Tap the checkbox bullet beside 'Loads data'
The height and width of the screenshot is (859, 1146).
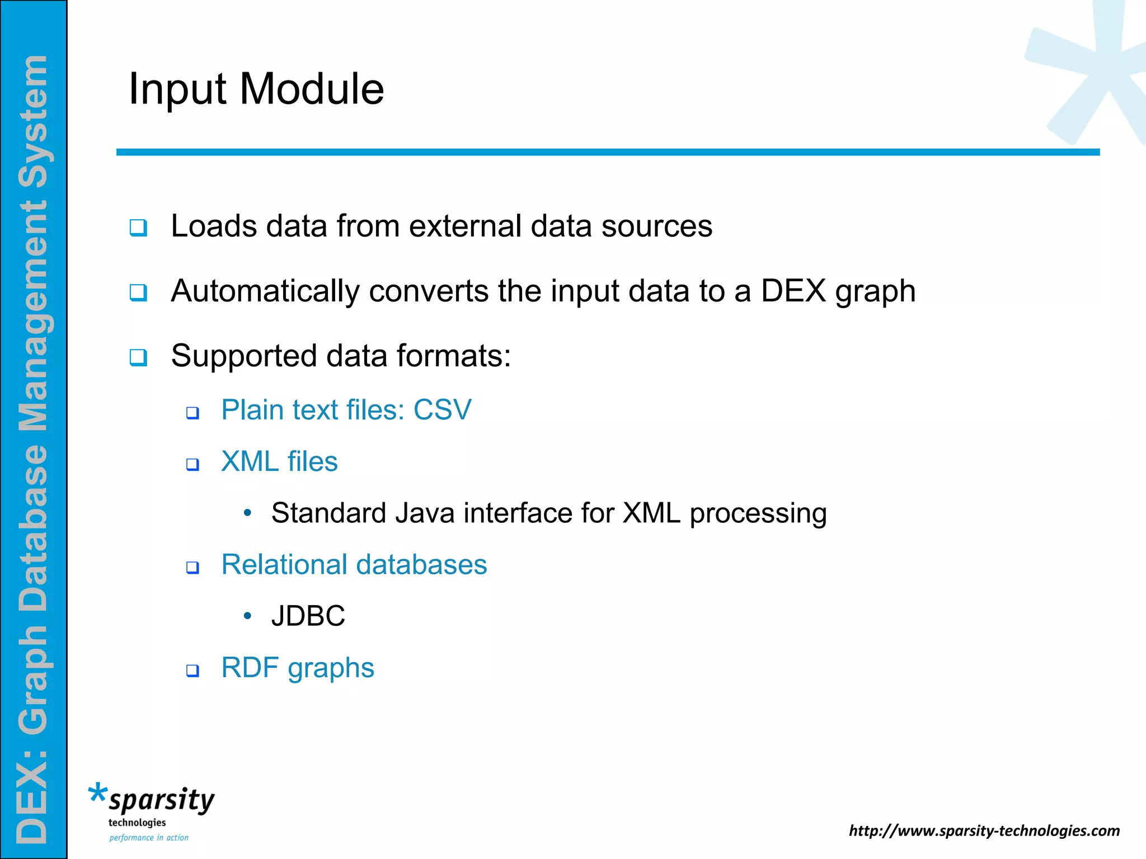(x=138, y=228)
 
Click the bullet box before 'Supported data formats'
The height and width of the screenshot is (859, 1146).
(x=138, y=357)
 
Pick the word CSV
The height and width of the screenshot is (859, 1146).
(x=442, y=410)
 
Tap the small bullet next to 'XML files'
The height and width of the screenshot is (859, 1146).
(x=192, y=465)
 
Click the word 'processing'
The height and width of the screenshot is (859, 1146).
(x=758, y=514)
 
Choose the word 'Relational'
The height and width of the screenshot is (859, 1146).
(x=284, y=564)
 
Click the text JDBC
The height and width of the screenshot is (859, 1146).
(x=308, y=616)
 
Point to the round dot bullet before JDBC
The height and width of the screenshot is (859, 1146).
(x=248, y=616)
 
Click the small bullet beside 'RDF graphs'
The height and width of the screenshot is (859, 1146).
(x=192, y=671)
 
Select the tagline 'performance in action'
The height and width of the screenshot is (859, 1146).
(x=149, y=838)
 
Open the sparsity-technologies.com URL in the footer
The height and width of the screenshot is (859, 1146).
(x=984, y=830)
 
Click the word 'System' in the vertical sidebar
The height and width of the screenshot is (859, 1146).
(x=34, y=122)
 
